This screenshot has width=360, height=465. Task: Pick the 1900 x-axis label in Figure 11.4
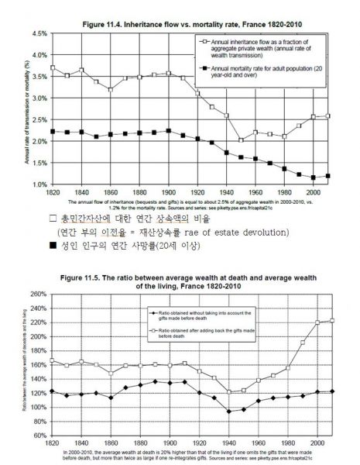pyautogui.click(x=163, y=191)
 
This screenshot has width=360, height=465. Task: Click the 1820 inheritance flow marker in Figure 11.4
pyautogui.click(x=52, y=67)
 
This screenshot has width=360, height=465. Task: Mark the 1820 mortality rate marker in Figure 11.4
pyautogui.click(x=52, y=131)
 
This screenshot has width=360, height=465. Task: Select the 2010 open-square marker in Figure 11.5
pyautogui.click(x=334, y=320)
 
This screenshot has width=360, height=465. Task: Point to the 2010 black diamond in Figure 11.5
pyautogui.click(x=334, y=391)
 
